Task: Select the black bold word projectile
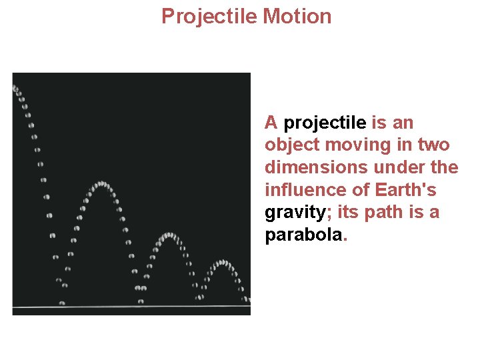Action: (325, 123)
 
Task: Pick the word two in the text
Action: (434, 145)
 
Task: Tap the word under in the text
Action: (397, 168)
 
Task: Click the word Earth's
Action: (406, 191)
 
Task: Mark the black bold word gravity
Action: (294, 213)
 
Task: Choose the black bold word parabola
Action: (303, 236)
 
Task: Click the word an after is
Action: (403, 123)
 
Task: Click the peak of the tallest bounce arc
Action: (101, 183)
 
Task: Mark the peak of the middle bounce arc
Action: (169, 235)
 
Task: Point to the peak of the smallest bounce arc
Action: (223, 262)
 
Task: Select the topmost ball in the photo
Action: (15, 87)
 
